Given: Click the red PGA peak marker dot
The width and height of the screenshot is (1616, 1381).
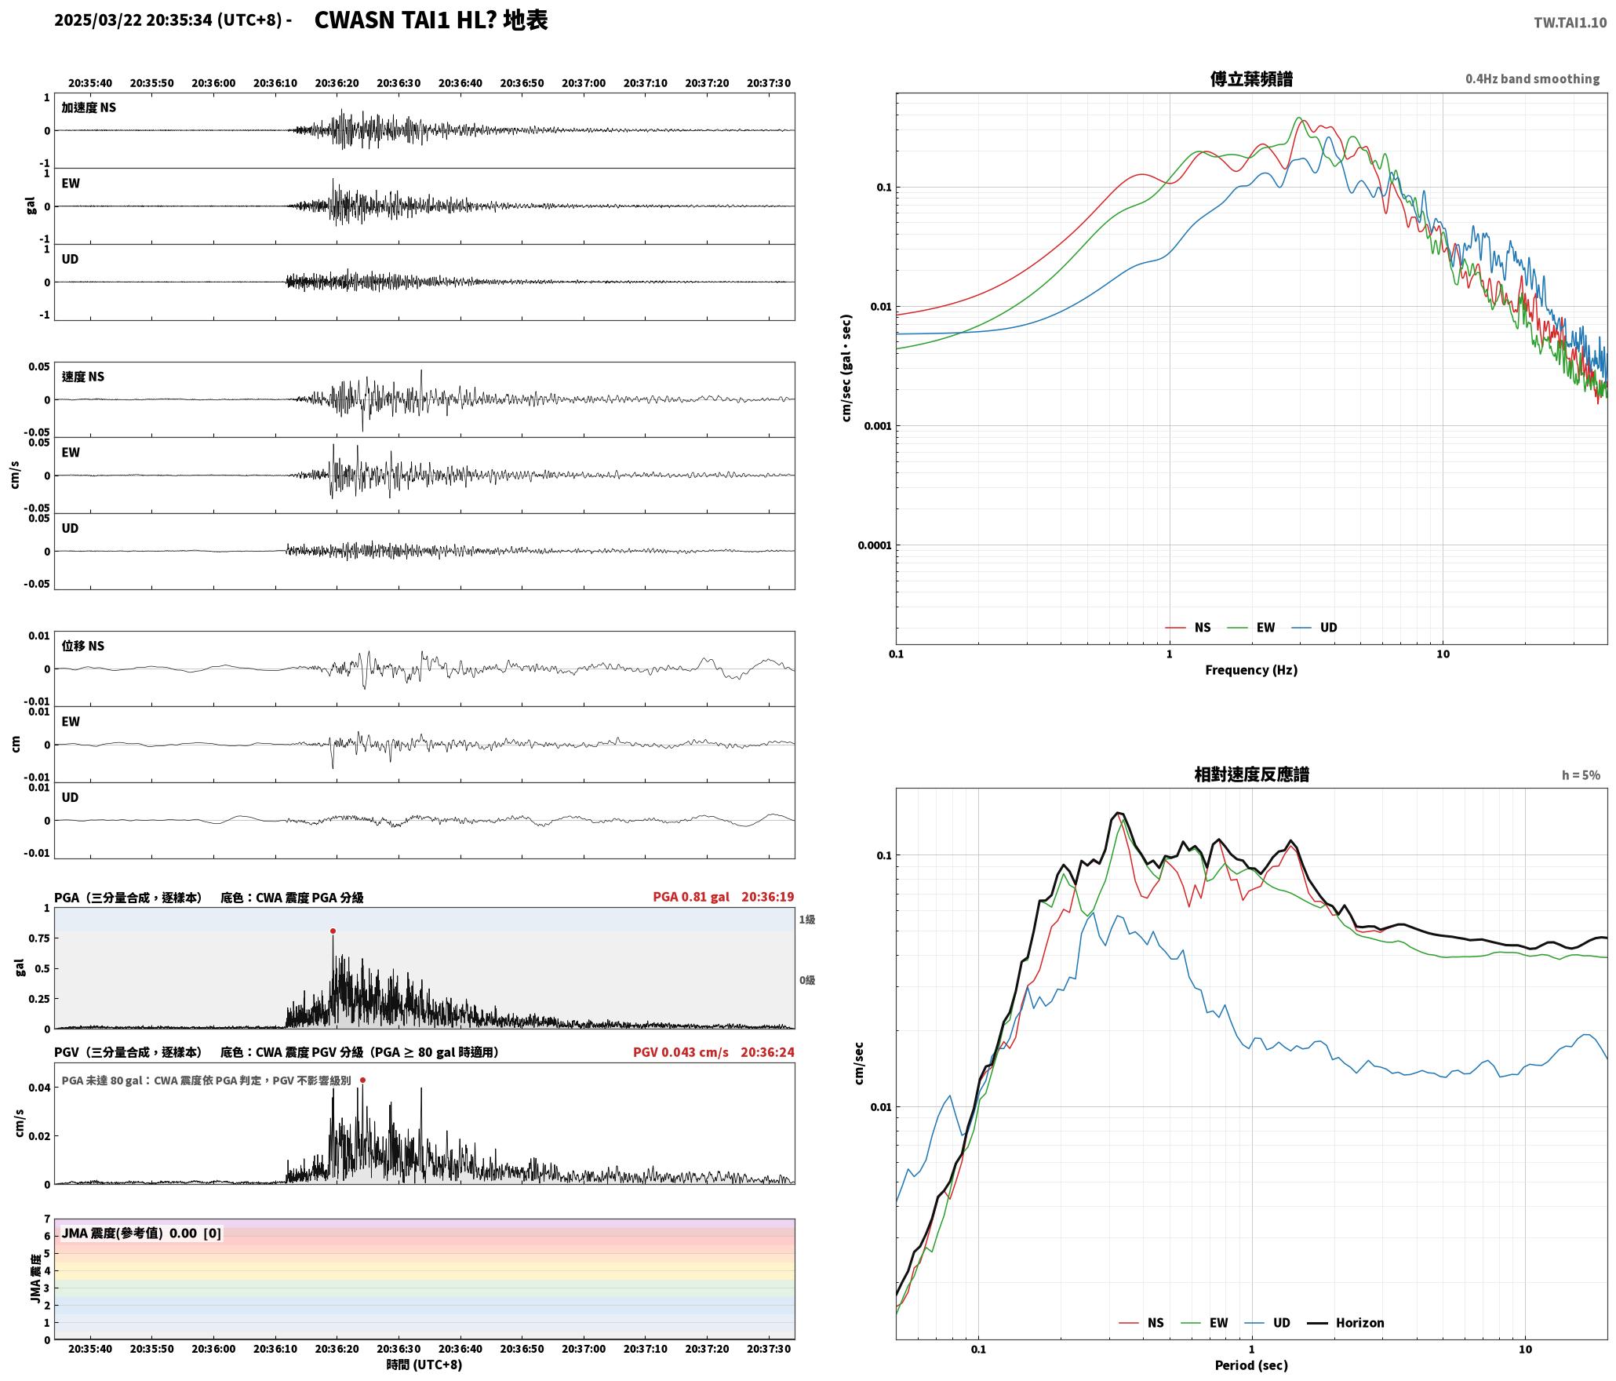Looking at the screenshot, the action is click(x=333, y=931).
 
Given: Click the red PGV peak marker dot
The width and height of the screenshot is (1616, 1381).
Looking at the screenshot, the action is click(x=362, y=1080).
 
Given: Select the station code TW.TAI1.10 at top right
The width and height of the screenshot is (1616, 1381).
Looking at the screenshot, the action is click(x=1570, y=23).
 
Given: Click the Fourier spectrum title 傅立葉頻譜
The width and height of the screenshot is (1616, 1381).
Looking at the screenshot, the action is click(x=1251, y=79).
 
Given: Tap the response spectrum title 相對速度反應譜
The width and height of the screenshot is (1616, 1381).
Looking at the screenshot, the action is click(x=1251, y=774).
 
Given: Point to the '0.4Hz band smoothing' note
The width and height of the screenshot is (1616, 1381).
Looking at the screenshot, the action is click(x=1532, y=79).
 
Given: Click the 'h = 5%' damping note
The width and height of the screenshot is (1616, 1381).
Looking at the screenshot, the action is click(x=1581, y=775).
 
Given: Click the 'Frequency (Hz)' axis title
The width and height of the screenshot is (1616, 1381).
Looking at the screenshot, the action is click(x=1251, y=670).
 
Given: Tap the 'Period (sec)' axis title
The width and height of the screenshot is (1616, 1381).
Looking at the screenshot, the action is click(x=1251, y=1365).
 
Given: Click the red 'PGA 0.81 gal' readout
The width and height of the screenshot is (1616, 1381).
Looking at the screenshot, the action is click(x=690, y=897).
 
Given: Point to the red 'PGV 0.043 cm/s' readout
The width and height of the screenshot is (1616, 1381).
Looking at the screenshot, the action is click(x=680, y=1052).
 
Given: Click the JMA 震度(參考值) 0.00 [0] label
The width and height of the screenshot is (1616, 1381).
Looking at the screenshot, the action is click(x=141, y=1233).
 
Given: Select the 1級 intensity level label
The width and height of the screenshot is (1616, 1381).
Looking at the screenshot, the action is click(x=807, y=920).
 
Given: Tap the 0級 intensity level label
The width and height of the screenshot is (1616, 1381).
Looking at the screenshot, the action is click(x=807, y=980).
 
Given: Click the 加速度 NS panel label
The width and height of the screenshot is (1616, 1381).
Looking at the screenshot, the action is click(x=89, y=107).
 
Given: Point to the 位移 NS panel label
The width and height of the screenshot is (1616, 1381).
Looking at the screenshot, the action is click(x=83, y=646).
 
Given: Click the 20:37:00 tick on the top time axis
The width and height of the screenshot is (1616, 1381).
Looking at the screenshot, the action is click(x=584, y=83).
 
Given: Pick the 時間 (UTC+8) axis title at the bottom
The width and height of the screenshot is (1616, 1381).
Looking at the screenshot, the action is click(x=424, y=1365).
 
